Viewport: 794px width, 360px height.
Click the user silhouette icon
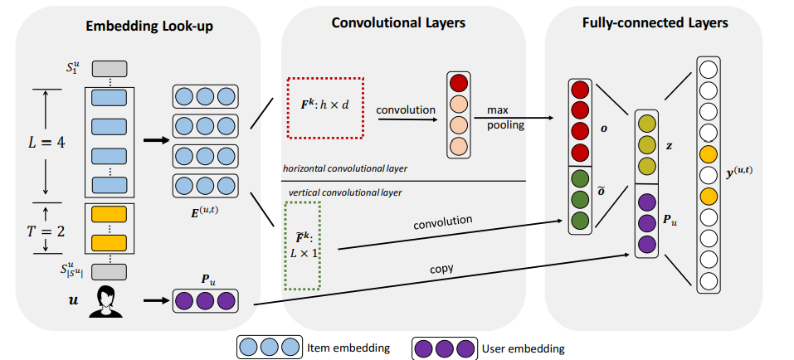coord(107,299)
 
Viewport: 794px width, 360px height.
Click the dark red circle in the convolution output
coord(459,84)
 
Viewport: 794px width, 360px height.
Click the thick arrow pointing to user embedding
coord(154,300)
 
